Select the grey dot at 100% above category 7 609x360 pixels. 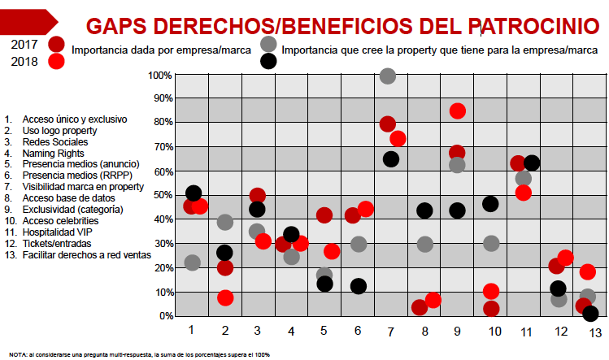388,76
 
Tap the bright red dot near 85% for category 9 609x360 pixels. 457,111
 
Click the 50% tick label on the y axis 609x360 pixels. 160,196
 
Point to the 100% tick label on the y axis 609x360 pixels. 159,76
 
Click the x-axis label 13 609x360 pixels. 595,333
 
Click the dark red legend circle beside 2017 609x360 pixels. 56,44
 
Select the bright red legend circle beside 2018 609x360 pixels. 56,61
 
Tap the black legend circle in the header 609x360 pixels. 268,60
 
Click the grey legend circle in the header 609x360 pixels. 268,44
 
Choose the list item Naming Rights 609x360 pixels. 54,153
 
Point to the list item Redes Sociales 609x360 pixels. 55,141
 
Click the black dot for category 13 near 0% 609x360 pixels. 590,314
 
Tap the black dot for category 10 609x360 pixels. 490,204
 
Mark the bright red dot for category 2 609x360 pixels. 225,297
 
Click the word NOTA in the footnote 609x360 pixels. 18,354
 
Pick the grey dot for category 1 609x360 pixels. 192,262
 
